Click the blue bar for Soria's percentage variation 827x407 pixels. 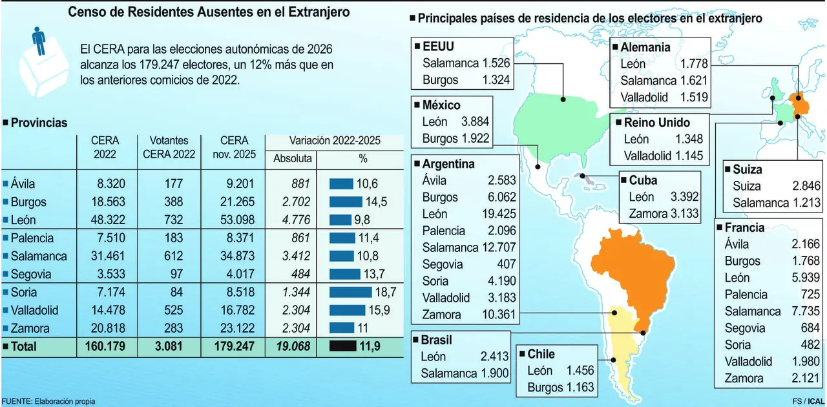pos(350,292)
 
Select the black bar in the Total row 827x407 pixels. pos(342,346)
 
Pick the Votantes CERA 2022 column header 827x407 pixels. pos(169,147)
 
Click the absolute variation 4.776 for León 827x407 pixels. pos(297,220)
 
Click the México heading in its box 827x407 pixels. pos(441,105)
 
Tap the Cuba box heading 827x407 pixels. pos(643,180)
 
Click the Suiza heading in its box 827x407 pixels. pos(747,170)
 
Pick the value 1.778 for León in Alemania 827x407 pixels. pos(694,63)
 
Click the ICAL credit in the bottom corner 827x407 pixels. pos(815,401)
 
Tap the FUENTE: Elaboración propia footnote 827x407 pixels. pos(48,401)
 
